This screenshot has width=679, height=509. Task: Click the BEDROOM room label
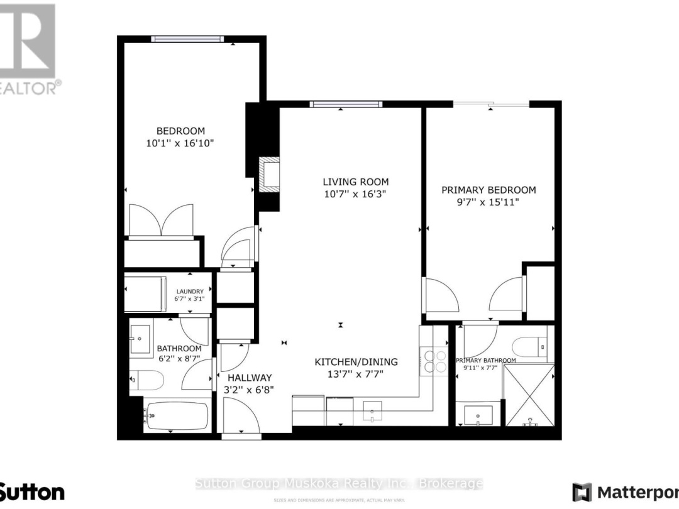point(180,131)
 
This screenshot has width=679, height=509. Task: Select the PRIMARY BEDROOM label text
point(489,190)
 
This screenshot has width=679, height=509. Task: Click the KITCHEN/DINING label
point(356,361)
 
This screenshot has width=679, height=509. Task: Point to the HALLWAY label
point(250,378)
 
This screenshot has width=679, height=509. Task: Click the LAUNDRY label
point(190,292)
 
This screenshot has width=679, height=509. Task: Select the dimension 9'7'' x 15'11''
point(489,202)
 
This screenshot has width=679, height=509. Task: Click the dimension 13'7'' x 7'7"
point(356,374)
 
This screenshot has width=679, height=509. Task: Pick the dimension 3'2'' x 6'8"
point(250,390)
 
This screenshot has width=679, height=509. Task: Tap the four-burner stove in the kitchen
point(434,359)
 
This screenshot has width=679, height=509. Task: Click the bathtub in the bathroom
point(176,415)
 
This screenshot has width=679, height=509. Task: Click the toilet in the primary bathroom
point(529,346)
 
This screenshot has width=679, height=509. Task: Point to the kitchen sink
point(372,412)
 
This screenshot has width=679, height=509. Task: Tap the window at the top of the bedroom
point(187,39)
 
